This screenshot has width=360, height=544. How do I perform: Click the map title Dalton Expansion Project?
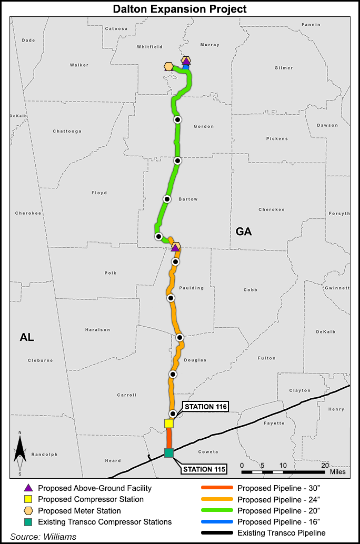pyautogui.click(x=180, y=9)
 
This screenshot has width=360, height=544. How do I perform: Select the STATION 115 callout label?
pyautogui.click(x=205, y=469)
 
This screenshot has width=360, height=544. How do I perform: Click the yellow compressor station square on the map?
pyautogui.click(x=169, y=423)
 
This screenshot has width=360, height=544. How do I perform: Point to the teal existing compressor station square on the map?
pyautogui.click(x=168, y=453)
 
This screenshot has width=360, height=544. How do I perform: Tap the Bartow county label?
pyautogui.click(x=188, y=199)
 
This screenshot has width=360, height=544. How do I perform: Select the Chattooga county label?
pyautogui.click(x=65, y=132)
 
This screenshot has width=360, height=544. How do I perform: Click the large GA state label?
pyautogui.click(x=244, y=231)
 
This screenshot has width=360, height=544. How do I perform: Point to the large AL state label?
pyautogui.click(x=27, y=338)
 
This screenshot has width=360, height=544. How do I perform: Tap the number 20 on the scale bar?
pyautogui.click(x=325, y=466)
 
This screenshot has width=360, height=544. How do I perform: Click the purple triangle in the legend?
pyautogui.click(x=28, y=488)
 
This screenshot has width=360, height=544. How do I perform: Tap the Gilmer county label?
pyautogui.click(x=284, y=68)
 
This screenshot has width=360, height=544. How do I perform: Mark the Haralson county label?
pyautogui.click(x=97, y=330)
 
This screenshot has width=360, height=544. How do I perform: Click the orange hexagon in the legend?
pyautogui.click(x=28, y=511)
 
